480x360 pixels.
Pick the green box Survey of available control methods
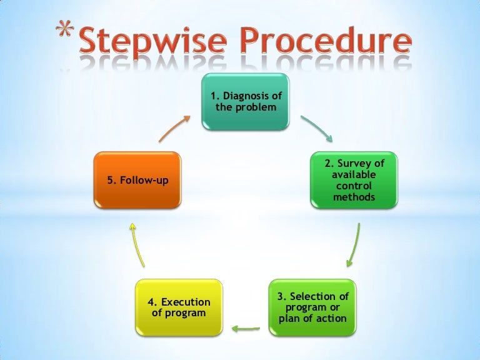coord(353,180)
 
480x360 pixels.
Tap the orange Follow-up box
coord(137,180)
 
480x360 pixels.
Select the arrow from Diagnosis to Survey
coord(317,127)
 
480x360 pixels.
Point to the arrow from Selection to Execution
coord(246,326)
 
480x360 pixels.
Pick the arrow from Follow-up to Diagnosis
coord(174,127)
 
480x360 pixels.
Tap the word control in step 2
coord(354,186)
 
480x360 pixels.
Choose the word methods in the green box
coord(354,197)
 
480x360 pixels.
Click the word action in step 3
coord(332,318)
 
